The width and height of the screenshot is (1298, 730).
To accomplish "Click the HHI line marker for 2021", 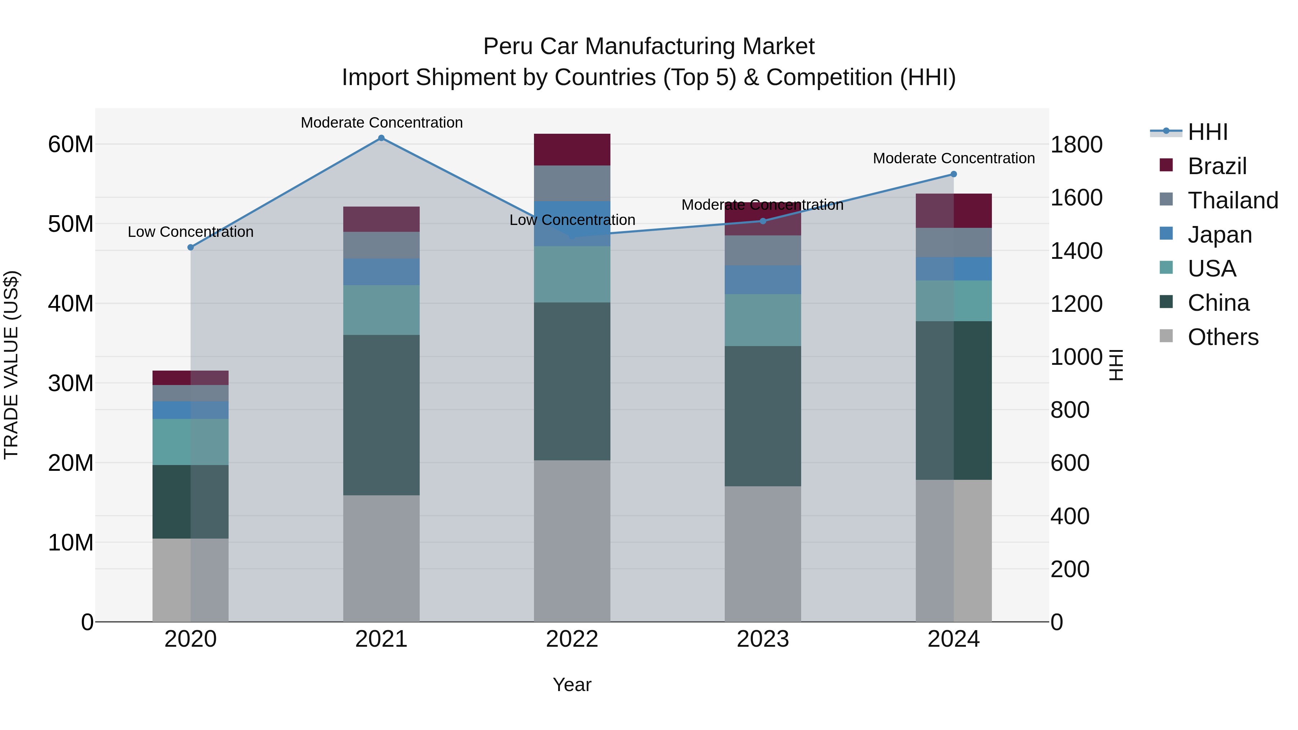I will [x=381, y=138].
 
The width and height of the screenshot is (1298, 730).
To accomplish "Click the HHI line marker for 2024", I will [x=953, y=174].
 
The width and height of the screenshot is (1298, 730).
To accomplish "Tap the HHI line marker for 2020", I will [x=190, y=247].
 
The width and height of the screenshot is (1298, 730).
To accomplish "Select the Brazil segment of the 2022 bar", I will [x=572, y=150].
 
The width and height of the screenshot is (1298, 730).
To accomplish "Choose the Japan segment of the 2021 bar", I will [x=381, y=272].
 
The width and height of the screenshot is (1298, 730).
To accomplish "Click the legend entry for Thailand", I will [x=1232, y=200].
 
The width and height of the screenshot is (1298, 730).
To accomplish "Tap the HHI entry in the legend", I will [x=1207, y=132].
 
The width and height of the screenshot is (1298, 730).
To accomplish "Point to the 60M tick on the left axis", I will [x=71, y=145].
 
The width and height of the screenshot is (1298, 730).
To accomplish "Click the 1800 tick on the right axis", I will [x=1076, y=145].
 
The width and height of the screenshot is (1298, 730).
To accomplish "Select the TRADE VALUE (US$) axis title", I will [x=11, y=365].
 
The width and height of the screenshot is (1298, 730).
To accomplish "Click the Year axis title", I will [x=572, y=685].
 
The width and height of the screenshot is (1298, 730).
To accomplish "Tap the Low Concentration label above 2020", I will [x=190, y=232].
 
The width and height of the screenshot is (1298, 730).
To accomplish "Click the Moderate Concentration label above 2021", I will [x=381, y=123].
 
